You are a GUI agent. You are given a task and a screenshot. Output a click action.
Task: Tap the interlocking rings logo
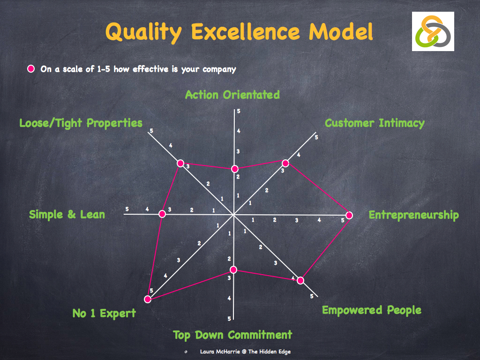point(433,31)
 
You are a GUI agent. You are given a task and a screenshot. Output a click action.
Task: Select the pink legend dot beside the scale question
point(31,69)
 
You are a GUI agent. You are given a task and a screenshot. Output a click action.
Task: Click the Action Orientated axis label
point(232,95)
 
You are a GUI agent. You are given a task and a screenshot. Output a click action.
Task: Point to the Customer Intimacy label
point(375,123)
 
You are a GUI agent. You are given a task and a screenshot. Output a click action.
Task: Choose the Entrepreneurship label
point(413,215)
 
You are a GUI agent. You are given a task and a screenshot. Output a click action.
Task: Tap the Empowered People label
point(371,310)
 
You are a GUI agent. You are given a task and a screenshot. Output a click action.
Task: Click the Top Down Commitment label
point(232,335)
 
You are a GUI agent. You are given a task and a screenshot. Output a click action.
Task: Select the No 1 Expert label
point(104,314)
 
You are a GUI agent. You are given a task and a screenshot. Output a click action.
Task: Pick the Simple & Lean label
point(67,215)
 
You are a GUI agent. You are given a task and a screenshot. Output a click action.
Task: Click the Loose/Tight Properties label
point(81,123)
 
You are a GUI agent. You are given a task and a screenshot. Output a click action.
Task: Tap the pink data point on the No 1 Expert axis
point(148,299)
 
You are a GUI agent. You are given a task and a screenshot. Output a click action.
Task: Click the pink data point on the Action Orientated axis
point(235,169)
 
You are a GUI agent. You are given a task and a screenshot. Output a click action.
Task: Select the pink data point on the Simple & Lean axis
point(162,214)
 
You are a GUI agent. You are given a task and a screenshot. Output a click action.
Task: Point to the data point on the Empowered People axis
point(300,280)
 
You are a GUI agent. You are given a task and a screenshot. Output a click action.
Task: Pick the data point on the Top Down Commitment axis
point(233,270)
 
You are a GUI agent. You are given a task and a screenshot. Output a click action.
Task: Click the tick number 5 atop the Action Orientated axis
point(239,111)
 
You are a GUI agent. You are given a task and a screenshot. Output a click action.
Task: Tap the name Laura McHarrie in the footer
point(218,352)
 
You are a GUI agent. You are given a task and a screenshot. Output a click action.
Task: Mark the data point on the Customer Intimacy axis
point(285,163)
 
